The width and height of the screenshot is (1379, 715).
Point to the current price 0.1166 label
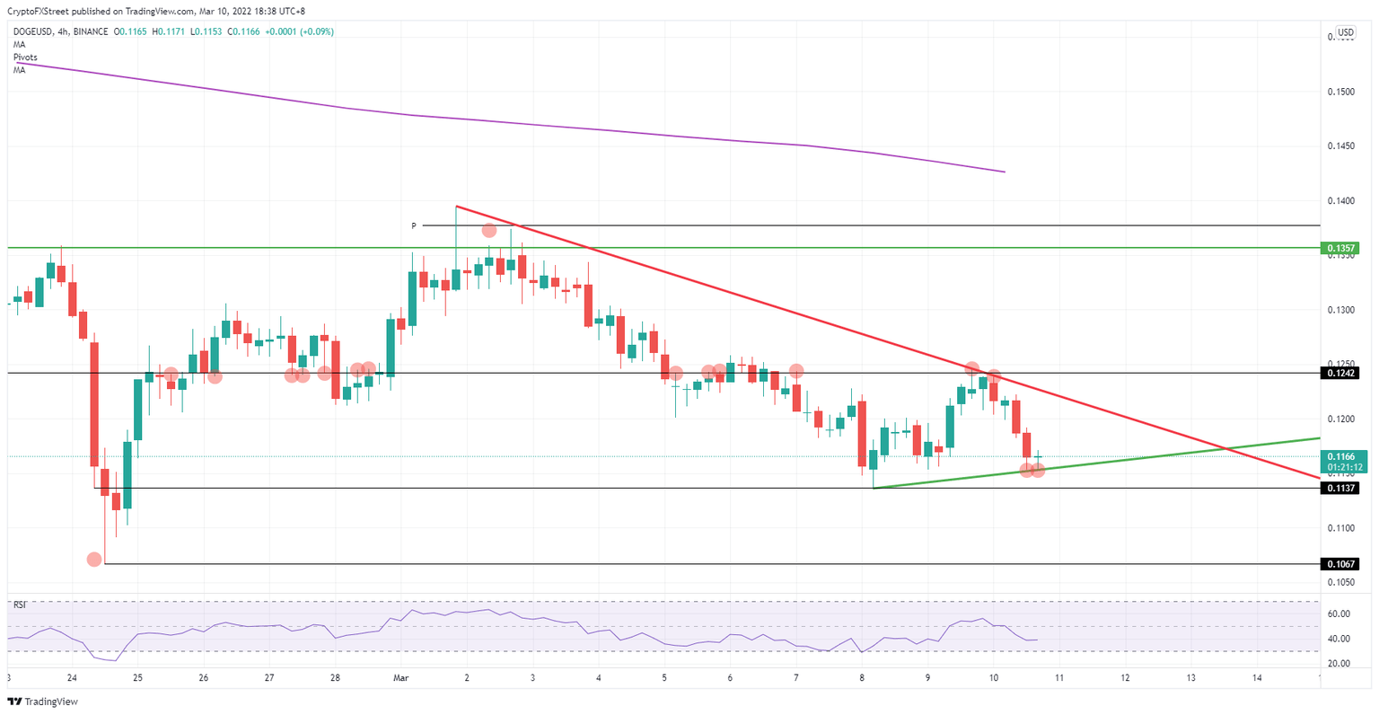pyautogui.click(x=1341, y=456)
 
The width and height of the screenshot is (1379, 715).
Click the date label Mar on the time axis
pyautogui.click(x=400, y=678)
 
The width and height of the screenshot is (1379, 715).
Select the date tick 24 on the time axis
pyautogui.click(x=72, y=678)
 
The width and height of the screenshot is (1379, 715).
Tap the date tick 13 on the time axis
pyautogui.click(x=1190, y=678)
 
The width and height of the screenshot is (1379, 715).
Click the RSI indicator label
pyautogui.click(x=19, y=605)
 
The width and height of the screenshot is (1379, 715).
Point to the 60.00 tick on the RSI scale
pyautogui.click(x=1339, y=614)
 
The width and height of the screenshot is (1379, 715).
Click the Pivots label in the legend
pyautogui.click(x=25, y=57)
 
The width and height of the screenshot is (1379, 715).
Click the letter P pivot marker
pyautogui.click(x=414, y=226)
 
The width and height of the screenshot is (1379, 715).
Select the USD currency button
pyautogui.click(x=1345, y=33)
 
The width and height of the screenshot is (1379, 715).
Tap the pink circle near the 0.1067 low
pyautogui.click(x=94, y=560)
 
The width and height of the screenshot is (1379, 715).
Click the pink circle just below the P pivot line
pyautogui.click(x=488, y=231)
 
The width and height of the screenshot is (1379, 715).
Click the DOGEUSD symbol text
pyautogui.click(x=36, y=31)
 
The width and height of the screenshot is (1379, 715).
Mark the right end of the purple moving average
pyautogui.click(x=1004, y=172)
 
